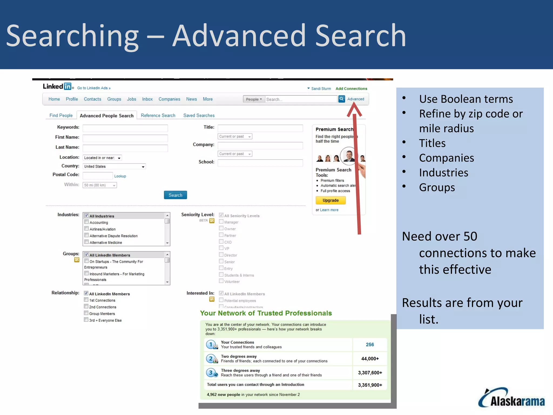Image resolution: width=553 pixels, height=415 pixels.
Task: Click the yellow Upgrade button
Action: click(x=331, y=200)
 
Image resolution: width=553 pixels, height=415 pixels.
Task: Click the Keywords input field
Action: click(x=125, y=128)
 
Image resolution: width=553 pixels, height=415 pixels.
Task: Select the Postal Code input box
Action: click(x=97, y=176)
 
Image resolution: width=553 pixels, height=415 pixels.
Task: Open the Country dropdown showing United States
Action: click(x=114, y=166)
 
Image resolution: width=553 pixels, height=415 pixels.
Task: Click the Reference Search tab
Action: click(x=158, y=115)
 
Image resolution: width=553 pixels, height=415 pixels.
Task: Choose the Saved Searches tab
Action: click(x=199, y=115)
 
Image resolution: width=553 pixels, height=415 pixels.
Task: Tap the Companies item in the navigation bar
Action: click(x=169, y=99)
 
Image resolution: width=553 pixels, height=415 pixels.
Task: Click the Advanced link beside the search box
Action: click(x=356, y=99)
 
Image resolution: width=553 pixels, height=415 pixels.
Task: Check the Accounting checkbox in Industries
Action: click(x=87, y=222)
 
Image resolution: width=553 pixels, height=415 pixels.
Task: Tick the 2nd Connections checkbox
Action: click(x=86, y=306)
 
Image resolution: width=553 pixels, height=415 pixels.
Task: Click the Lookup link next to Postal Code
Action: click(x=120, y=176)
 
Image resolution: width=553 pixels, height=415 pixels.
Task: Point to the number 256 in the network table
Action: click(x=370, y=344)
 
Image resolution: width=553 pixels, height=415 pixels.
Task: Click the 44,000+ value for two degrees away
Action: click(x=370, y=359)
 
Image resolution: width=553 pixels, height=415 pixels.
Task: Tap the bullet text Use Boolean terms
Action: click(x=466, y=99)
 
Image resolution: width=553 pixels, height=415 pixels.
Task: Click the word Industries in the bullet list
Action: click(x=443, y=173)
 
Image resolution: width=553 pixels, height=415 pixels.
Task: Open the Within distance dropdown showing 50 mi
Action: click(x=100, y=185)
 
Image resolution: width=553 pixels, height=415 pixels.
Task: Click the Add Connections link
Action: click(x=351, y=89)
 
